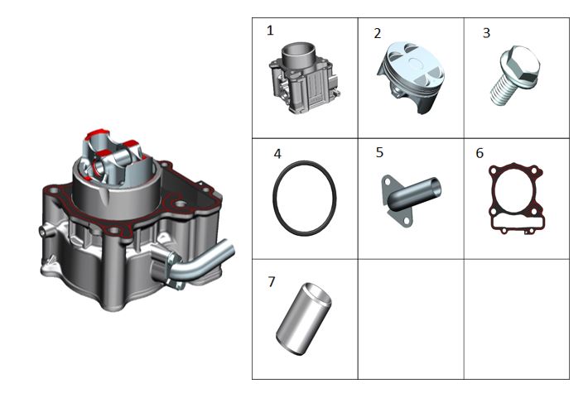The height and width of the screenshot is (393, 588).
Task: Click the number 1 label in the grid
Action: pos(270,31)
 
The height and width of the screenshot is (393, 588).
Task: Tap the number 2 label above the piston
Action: pos(378,33)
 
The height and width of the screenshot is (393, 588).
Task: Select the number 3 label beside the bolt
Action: pos(486,33)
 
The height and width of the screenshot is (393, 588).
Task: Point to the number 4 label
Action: pos(277,154)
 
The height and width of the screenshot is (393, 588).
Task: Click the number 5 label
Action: pos(379,152)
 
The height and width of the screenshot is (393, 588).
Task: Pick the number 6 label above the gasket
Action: pos(480,153)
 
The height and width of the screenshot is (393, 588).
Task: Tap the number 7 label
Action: pos(272,281)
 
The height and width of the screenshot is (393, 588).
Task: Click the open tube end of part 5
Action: pos(435,186)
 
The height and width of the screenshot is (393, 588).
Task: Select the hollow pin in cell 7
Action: pos(304,319)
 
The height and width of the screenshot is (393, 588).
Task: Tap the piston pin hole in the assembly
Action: pos(99,168)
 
